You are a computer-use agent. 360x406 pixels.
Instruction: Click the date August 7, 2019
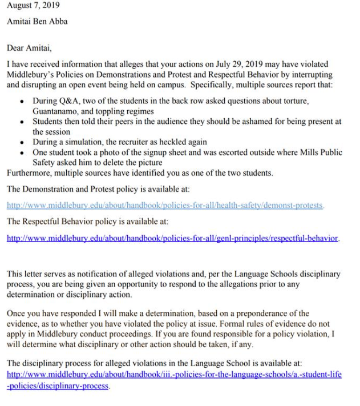click(33, 6)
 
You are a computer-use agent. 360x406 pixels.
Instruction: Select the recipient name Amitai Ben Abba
click(37, 22)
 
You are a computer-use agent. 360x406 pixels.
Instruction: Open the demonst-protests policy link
click(165, 205)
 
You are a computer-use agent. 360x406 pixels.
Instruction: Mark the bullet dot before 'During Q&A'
click(21, 102)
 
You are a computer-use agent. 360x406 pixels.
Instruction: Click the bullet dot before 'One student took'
click(21, 153)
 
